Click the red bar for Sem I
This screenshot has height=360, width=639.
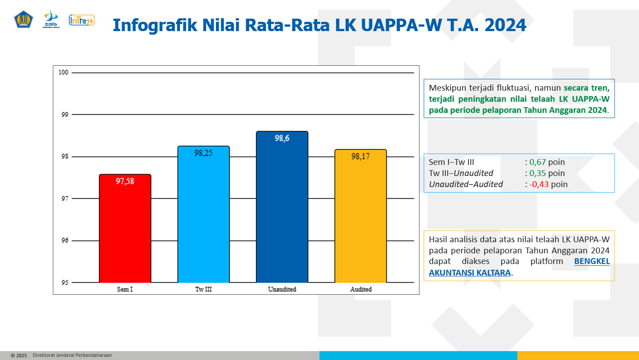[x=125, y=228]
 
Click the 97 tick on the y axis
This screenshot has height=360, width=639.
[x=65, y=199]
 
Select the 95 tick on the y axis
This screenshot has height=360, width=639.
[x=65, y=282]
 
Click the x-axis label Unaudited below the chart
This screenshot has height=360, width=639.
[x=282, y=289]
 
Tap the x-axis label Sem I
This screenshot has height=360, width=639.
[x=125, y=289]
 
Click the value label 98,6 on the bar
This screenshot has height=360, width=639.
[x=282, y=138]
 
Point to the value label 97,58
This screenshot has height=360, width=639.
[x=125, y=181]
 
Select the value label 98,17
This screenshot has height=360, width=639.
[x=360, y=156]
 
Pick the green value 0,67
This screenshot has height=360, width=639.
[x=537, y=162]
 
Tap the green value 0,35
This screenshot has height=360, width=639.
[x=537, y=173]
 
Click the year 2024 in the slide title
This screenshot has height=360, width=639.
[x=505, y=25]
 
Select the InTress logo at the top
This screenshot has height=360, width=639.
[x=81, y=20]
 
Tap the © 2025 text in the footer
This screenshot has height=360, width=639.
[x=19, y=356]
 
